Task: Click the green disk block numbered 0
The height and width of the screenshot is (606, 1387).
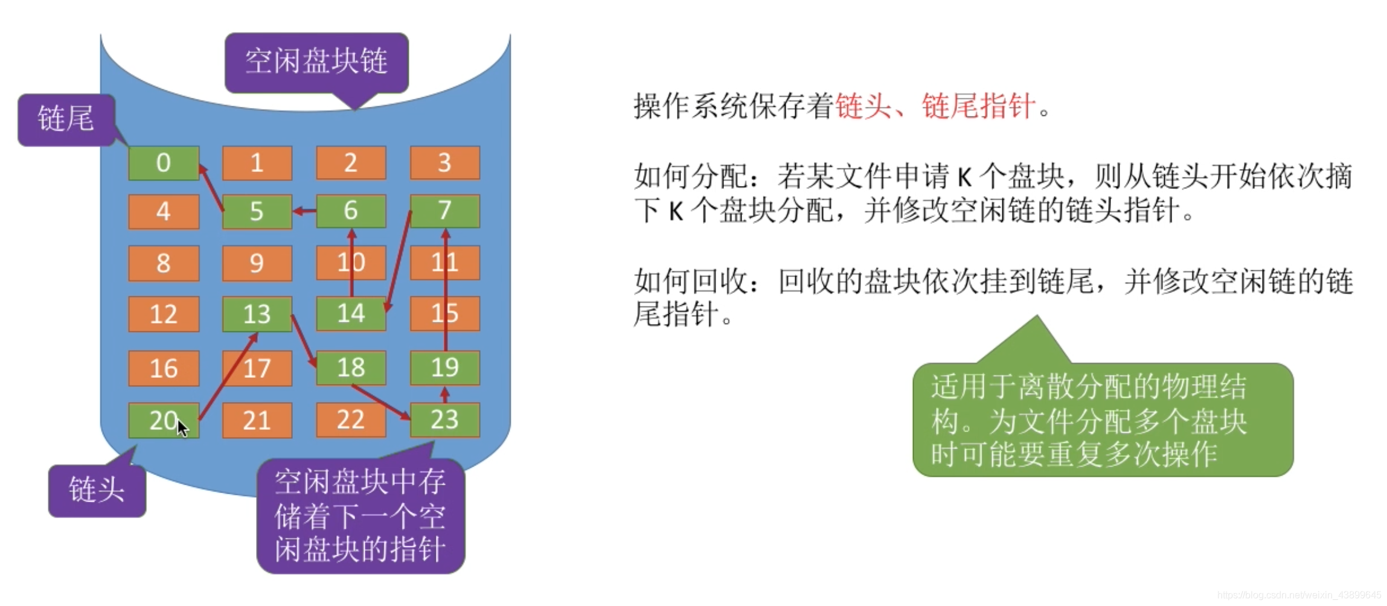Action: [163, 163]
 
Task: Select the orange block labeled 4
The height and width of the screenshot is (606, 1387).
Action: [163, 212]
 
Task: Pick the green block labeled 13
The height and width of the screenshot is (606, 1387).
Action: [257, 314]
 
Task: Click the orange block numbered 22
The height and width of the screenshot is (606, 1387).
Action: [350, 420]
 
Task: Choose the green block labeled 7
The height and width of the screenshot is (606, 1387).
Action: [445, 211]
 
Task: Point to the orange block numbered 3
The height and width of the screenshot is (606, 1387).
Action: [445, 163]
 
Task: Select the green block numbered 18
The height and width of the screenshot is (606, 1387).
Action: [351, 368]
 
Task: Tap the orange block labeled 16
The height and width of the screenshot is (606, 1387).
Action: [163, 368]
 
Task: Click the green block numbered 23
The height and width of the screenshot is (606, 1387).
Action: [445, 420]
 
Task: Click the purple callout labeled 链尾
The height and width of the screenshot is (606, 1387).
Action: [66, 119]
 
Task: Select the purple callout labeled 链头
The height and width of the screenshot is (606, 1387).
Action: [97, 490]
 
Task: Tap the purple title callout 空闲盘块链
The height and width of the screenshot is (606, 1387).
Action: [316, 62]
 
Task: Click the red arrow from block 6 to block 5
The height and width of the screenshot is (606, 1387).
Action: [304, 211]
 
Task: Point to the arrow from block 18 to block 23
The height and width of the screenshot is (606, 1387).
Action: [380, 402]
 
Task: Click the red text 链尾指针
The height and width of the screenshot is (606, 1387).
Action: [978, 107]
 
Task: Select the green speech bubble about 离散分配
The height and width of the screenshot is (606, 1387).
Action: [1102, 420]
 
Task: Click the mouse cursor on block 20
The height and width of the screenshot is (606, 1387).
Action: [182, 427]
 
